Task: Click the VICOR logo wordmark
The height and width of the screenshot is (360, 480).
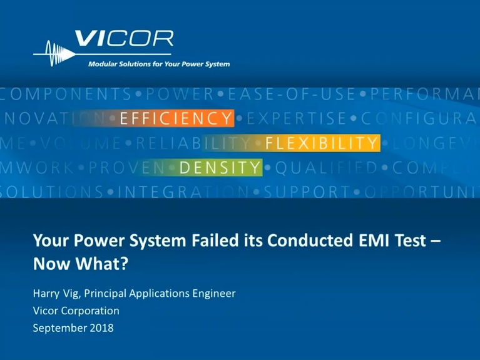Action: coord(124,39)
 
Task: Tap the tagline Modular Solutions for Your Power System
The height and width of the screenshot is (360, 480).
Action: coord(158,64)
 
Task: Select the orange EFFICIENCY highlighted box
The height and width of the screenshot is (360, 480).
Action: coord(175,118)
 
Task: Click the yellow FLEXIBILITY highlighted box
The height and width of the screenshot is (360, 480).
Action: coord(321,143)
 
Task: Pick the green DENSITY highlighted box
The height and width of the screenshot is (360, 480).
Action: coord(220,167)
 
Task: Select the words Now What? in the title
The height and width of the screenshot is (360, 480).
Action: coord(80,264)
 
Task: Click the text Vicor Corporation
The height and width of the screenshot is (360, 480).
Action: coord(76,311)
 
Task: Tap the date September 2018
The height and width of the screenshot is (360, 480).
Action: coord(73,327)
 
